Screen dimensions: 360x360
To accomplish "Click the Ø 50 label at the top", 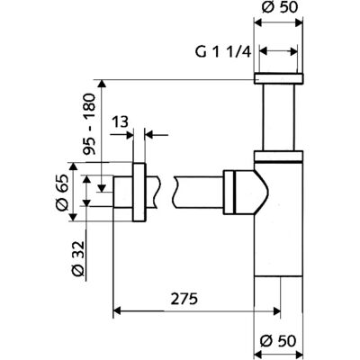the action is click(x=280, y=7).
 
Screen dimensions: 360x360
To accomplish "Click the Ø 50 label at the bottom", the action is click(x=278, y=341).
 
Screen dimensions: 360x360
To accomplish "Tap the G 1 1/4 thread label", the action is click(x=222, y=52).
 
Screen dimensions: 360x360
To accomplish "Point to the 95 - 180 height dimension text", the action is click(x=89, y=124).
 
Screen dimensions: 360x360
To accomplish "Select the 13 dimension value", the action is click(x=121, y=122).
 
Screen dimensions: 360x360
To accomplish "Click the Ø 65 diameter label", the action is click(x=62, y=193).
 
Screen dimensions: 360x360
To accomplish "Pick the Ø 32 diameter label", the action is click(x=78, y=258).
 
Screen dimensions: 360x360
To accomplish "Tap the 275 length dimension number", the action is click(x=184, y=299).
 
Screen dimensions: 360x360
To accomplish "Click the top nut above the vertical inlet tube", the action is click(x=279, y=78).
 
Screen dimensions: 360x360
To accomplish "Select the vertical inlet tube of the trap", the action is click(x=279, y=117).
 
